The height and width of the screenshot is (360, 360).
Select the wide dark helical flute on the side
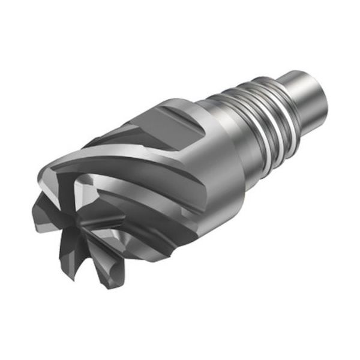click(x=144, y=198)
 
